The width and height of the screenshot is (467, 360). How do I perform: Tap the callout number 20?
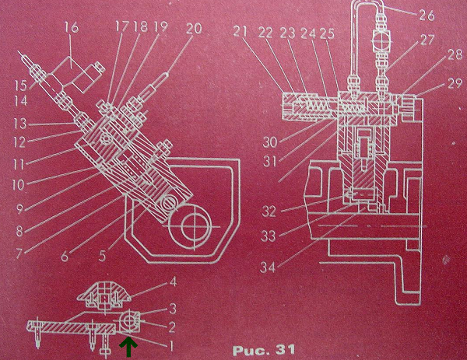194,29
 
